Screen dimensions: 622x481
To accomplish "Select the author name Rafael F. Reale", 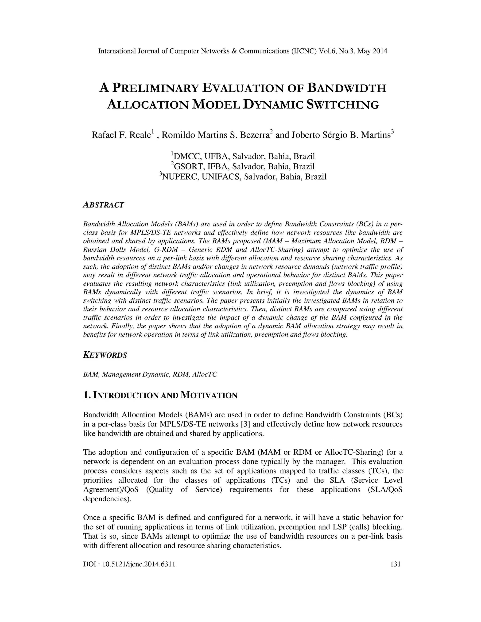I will tap(121, 135).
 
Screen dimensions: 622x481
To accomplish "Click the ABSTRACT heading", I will tap(103, 205).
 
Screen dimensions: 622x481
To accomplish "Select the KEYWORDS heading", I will tap(105, 355).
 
